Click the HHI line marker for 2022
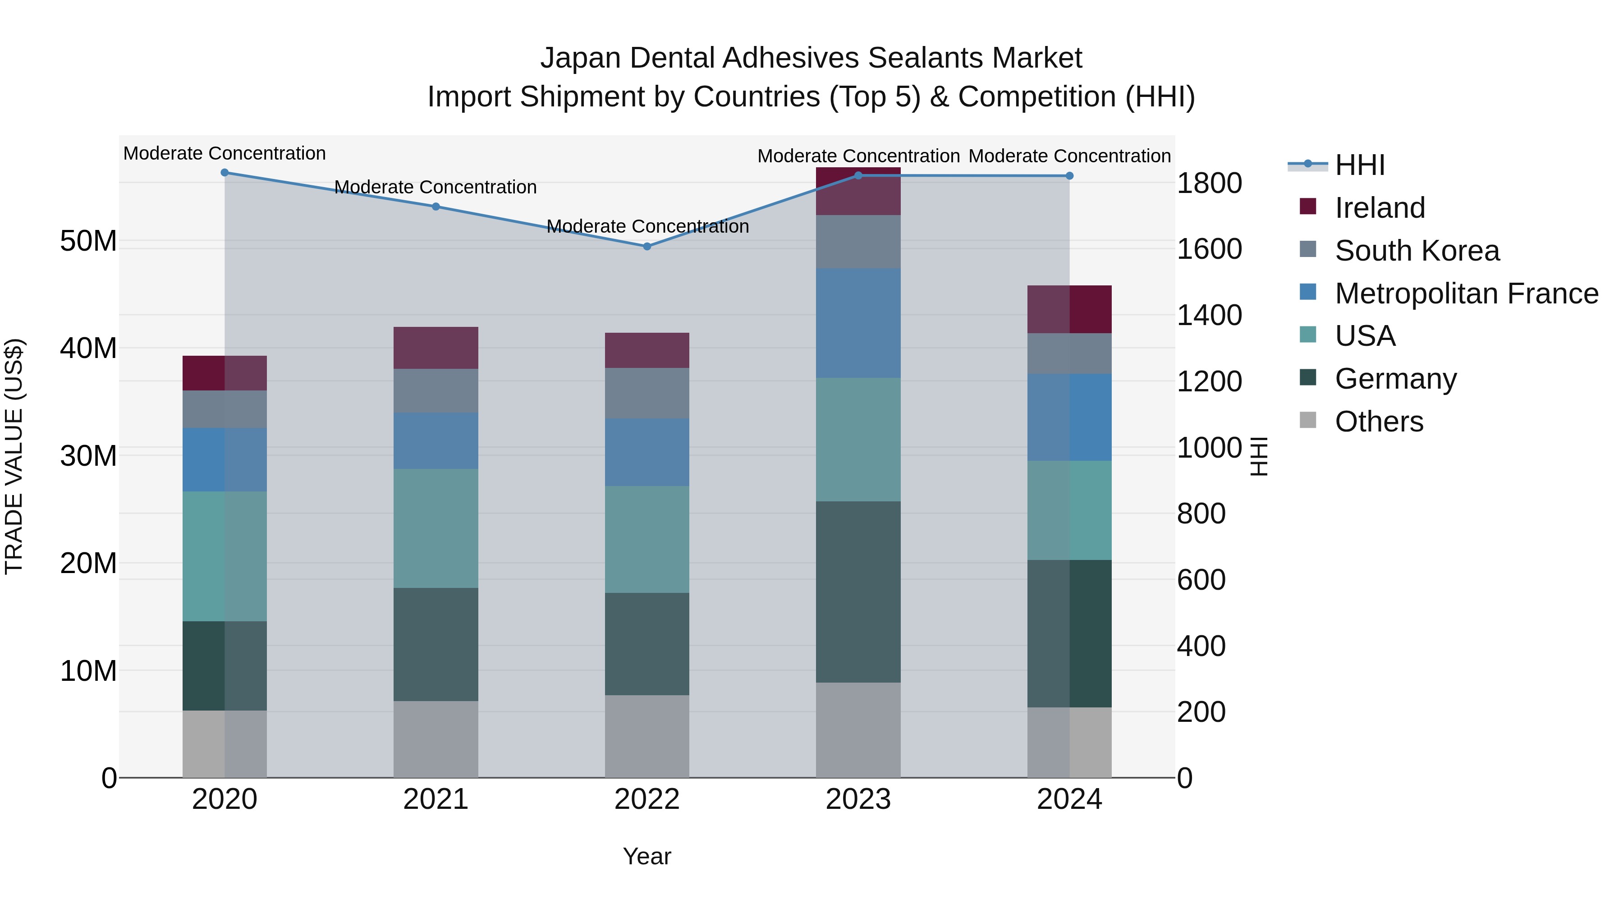(647, 246)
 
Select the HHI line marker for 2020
(225, 173)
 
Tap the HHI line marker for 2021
(436, 206)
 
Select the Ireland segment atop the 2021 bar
(436, 348)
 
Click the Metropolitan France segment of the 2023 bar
(858, 323)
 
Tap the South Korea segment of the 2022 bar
(647, 393)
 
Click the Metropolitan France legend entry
(1466, 294)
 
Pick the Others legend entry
(1379, 422)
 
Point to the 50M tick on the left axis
(88, 241)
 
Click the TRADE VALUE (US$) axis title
(14, 456)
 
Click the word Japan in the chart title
(580, 58)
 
